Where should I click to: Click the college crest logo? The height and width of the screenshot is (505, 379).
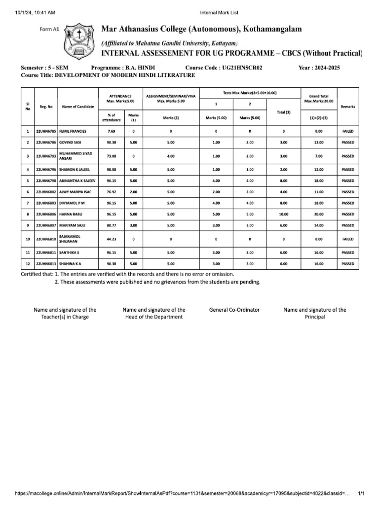(x=79, y=40)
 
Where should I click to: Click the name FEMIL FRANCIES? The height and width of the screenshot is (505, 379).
(x=73, y=132)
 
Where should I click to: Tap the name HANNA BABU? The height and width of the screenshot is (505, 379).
(x=70, y=215)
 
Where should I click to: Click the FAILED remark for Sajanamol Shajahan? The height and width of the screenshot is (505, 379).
(x=347, y=239)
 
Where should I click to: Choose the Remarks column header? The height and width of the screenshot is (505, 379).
(x=347, y=107)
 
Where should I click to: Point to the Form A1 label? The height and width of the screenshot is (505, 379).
(x=49, y=30)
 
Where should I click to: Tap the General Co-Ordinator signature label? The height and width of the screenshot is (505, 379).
(x=234, y=310)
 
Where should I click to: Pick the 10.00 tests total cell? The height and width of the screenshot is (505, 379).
(x=283, y=215)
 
